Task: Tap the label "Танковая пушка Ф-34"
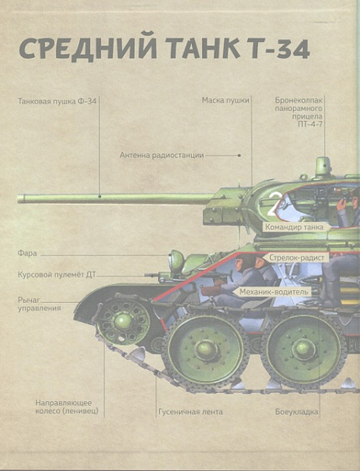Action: pyautogui.click(x=57, y=101)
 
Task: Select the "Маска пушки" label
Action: pyautogui.click(x=225, y=100)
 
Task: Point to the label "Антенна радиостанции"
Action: pyautogui.click(x=161, y=156)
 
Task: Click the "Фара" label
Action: pyautogui.click(x=28, y=253)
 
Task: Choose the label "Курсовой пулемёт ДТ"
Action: pyautogui.click(x=57, y=274)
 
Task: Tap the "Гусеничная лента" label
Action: pyautogui.click(x=191, y=411)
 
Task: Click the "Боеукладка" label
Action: pyautogui.click(x=297, y=412)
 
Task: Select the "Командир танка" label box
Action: pyautogui.click(x=294, y=227)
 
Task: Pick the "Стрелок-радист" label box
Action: pyautogui.click(x=297, y=257)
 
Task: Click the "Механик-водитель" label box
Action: pyautogui.click(x=273, y=291)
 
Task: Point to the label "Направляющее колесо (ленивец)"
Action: pyautogui.click(x=66, y=407)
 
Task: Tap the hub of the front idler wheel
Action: pyautogui.click(x=123, y=321)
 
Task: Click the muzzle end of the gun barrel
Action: pyautogui.click(x=20, y=198)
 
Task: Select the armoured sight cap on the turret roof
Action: pyautogui.click(x=323, y=167)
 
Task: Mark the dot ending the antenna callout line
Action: pyautogui.click(x=239, y=156)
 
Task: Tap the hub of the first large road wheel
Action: pyautogui.click(x=206, y=349)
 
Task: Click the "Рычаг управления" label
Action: pyautogui.click(x=40, y=304)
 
